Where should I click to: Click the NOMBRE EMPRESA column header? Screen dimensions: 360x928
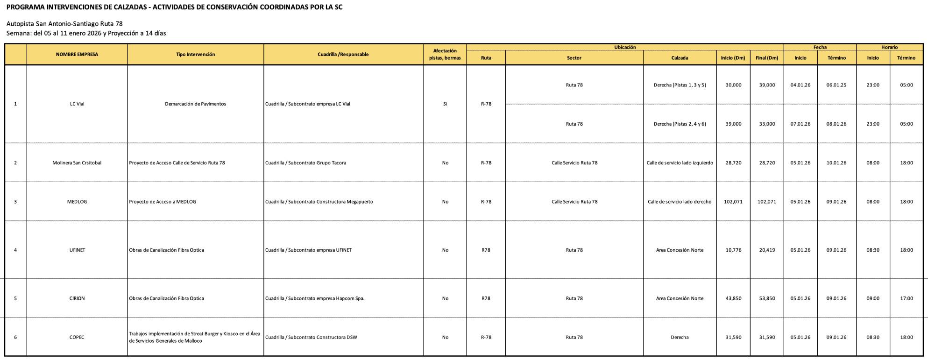[x=77, y=55]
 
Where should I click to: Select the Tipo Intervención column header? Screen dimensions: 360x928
[x=195, y=55]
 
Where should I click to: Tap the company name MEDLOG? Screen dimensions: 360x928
[x=77, y=202]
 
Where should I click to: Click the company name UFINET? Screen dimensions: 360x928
[x=77, y=250]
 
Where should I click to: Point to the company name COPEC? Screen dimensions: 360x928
[x=77, y=337]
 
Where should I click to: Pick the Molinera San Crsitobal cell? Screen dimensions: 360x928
[x=77, y=163]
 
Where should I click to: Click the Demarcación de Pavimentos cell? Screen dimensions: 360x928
[x=195, y=104]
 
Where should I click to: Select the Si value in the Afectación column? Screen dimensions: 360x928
[x=445, y=104]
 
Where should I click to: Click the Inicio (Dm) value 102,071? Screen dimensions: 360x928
[x=733, y=202]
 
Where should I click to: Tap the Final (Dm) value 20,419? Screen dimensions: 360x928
[x=767, y=250]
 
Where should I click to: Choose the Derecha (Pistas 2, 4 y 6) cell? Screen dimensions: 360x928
[x=680, y=124]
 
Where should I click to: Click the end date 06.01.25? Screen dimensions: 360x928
[x=836, y=85]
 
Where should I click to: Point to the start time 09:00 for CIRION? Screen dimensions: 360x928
[x=873, y=298]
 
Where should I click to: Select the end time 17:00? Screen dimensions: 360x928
[x=907, y=298]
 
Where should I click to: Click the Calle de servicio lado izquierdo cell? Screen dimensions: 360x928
[x=680, y=163]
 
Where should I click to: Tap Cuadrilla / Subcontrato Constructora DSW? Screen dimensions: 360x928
[x=311, y=337]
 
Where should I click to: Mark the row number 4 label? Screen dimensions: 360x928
[x=15, y=250]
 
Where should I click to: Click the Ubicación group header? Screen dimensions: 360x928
[x=625, y=47]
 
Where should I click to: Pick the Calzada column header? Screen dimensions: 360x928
[x=680, y=58]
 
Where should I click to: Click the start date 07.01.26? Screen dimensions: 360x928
[x=800, y=124]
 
